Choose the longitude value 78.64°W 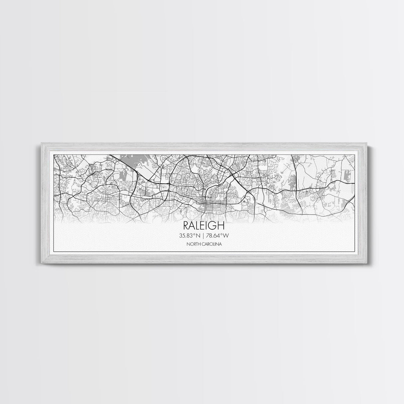point(217,236)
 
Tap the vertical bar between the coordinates point(204,236)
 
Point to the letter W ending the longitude point(227,236)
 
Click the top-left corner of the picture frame point(41,143)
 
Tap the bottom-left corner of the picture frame point(41,264)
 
